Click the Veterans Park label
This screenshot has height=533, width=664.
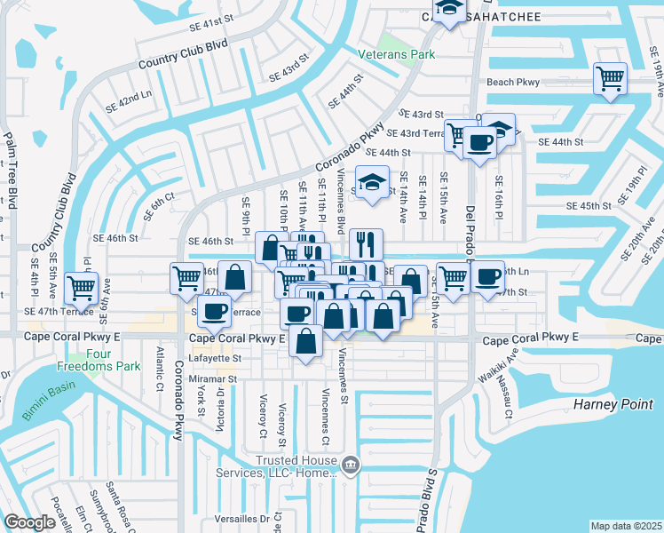tap(396, 54)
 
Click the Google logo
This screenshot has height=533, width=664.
tap(29, 522)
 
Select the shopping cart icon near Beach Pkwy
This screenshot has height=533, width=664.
tap(611, 78)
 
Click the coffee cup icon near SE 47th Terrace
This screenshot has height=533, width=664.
tap(214, 311)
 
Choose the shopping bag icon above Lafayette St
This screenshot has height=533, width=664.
tap(305, 341)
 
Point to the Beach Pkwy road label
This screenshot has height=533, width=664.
tap(513, 83)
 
